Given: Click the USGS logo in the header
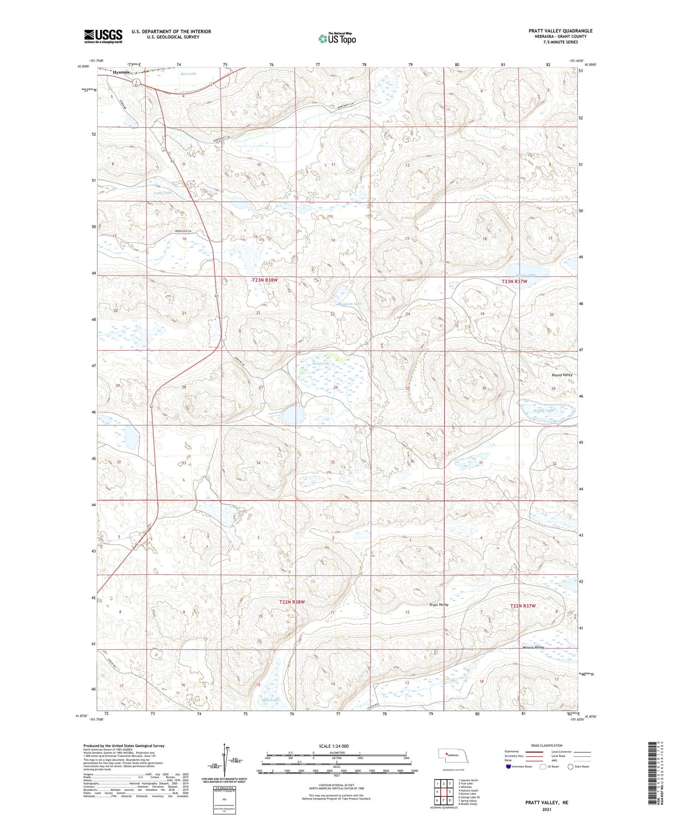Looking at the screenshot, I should [103, 36].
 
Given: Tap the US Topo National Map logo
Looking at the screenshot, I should [337, 38].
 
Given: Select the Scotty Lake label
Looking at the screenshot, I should [543, 410].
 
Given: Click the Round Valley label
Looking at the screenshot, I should [562, 375].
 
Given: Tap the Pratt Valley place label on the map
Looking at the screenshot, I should [439, 605].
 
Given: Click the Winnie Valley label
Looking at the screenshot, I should [533, 647].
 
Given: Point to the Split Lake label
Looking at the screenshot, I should [271, 700].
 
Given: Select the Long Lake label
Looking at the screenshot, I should [162, 193].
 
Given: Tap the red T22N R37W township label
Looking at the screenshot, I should [523, 606].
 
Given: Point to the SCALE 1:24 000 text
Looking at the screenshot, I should [334, 746].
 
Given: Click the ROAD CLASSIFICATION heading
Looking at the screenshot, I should [547, 745].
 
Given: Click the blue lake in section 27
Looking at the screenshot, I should [293, 415].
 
